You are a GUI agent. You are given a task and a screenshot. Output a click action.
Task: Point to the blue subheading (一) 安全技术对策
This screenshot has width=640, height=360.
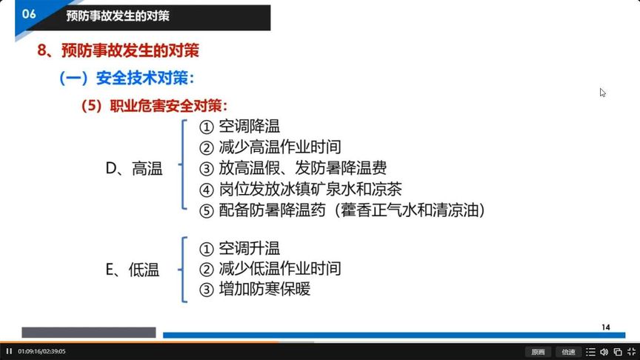[127, 77]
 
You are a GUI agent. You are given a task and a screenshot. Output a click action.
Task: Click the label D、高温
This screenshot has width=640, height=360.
[134, 169]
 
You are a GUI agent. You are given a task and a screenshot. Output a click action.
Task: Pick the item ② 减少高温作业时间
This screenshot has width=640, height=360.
[270, 147]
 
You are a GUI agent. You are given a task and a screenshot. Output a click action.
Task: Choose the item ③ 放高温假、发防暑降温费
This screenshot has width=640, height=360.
[293, 168]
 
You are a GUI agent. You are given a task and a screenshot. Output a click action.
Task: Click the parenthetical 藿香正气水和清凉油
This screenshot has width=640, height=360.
[413, 210]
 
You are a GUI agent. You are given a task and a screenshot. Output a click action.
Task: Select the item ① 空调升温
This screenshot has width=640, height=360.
[240, 248]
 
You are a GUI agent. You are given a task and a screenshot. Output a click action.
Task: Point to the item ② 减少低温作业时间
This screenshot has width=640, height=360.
[270, 268]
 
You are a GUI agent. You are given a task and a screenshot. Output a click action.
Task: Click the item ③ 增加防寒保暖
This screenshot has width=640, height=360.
[255, 289]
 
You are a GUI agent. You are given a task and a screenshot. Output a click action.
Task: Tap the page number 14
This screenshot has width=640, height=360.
[605, 327]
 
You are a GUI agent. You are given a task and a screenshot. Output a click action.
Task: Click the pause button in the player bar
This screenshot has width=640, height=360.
[9, 351]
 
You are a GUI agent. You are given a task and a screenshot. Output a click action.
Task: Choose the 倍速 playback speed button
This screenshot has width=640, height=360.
[568, 352]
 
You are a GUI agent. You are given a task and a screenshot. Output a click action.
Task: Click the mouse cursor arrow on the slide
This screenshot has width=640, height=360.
[602, 92]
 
